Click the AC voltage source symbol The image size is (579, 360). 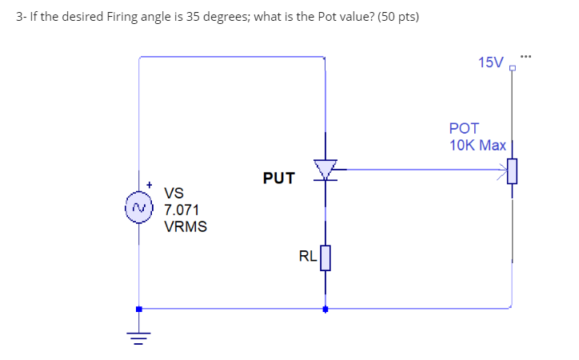(140, 208)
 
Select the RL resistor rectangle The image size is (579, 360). (325, 258)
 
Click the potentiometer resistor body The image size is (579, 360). (513, 170)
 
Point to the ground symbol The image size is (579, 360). (139, 336)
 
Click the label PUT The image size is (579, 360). (278, 178)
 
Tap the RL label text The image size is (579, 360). (307, 257)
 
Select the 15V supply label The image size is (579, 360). (490, 62)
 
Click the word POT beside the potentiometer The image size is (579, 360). (464, 128)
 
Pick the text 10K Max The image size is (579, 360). (477, 145)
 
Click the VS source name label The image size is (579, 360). (174, 193)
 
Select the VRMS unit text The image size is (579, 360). (186, 226)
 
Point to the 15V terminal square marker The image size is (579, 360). (512, 69)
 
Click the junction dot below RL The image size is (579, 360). (325, 309)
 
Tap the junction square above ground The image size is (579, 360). (139, 309)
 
